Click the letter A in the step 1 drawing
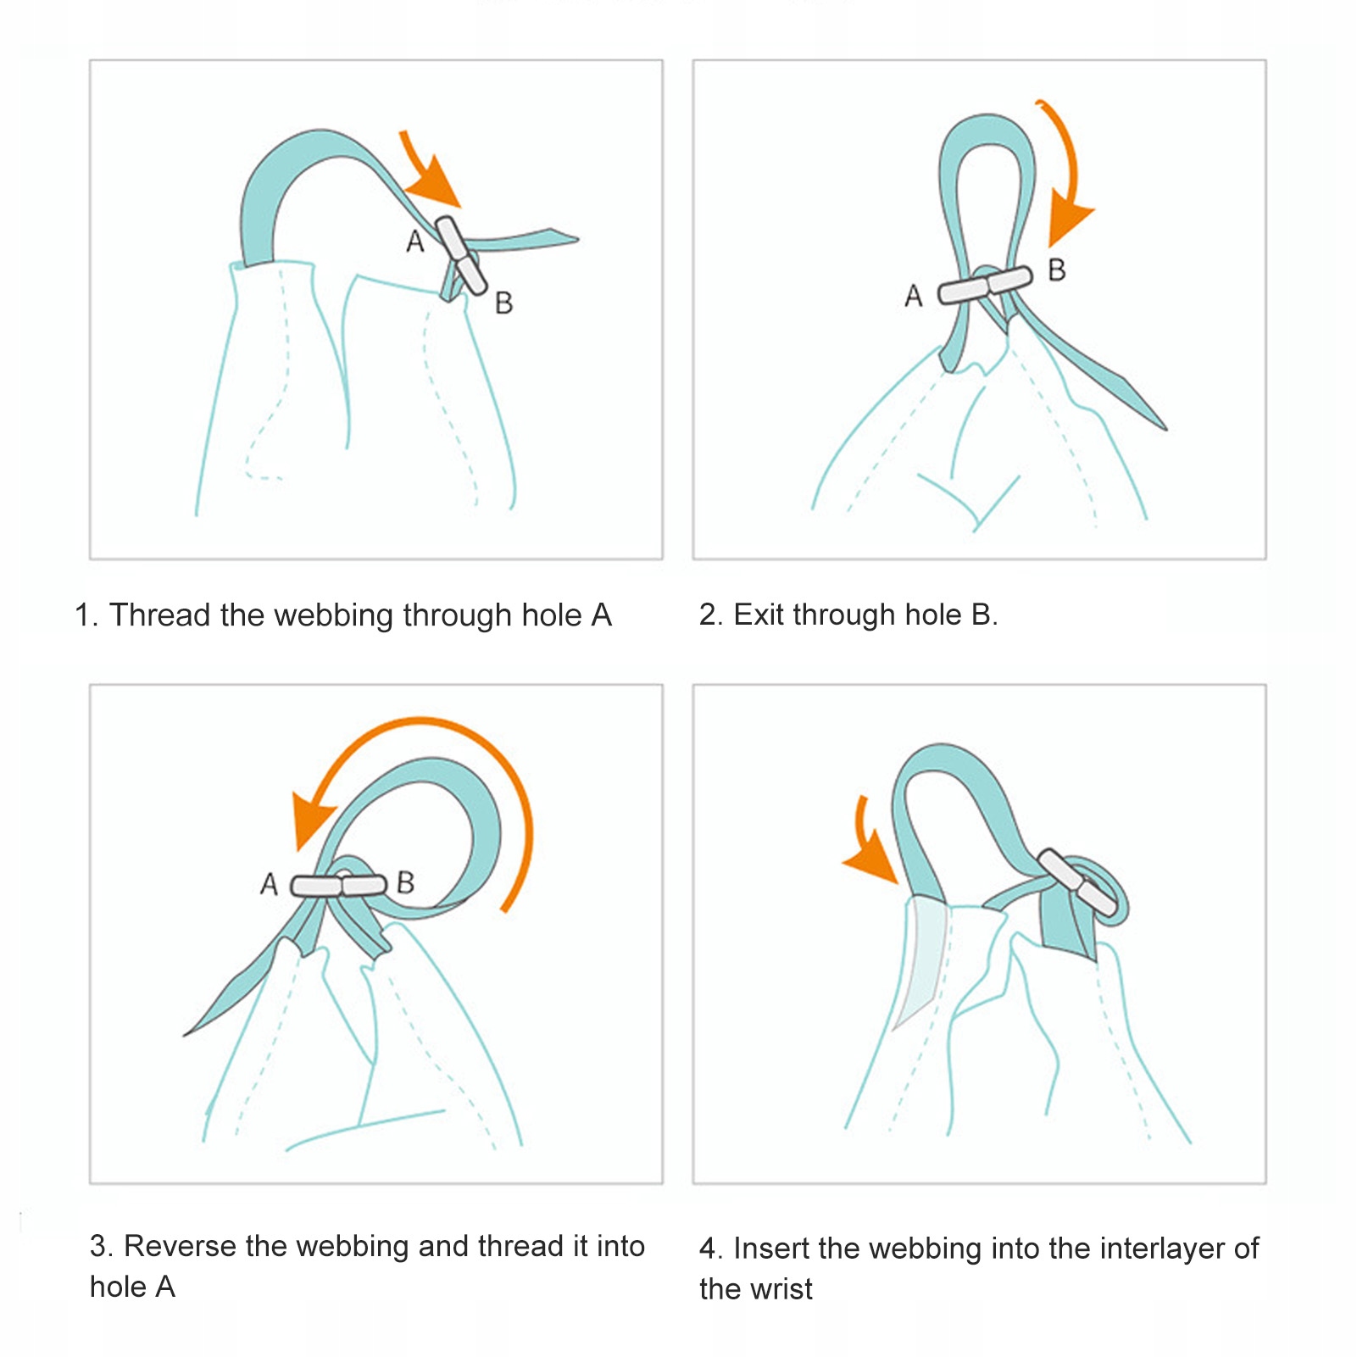tap(414, 242)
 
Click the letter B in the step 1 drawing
tap(503, 303)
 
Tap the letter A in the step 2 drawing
tap(913, 296)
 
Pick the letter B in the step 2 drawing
tap(1056, 270)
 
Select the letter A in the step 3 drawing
tap(269, 884)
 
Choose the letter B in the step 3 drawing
tap(405, 882)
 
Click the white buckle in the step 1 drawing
tap(460, 255)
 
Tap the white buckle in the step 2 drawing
tap(985, 286)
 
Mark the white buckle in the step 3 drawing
tap(338, 886)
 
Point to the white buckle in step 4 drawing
tap(1078, 882)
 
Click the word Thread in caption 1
tap(161, 615)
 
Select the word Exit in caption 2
tap(758, 615)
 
